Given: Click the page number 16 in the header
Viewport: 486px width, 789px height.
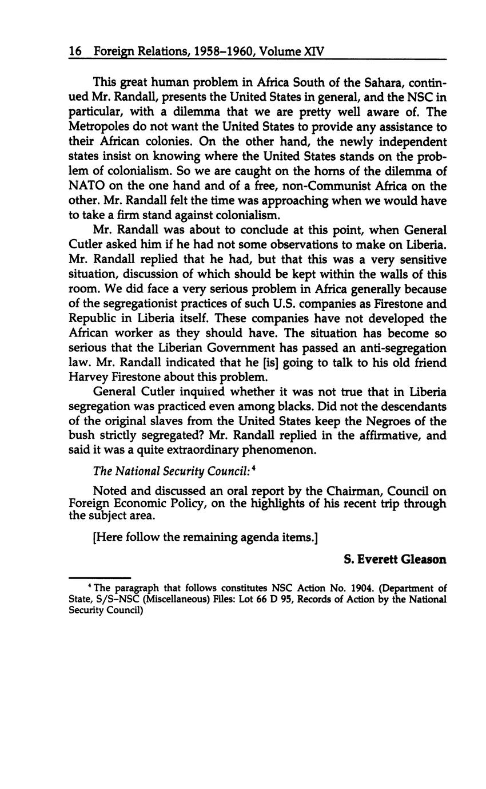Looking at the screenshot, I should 75,51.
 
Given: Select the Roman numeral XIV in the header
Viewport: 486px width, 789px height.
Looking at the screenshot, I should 313,51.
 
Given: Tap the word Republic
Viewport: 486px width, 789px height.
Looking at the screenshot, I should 93,319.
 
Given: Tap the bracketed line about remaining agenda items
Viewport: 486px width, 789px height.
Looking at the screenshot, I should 205,538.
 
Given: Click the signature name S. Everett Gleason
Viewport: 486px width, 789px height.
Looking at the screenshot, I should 395,560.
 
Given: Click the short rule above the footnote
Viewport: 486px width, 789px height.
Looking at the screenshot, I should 100,578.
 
